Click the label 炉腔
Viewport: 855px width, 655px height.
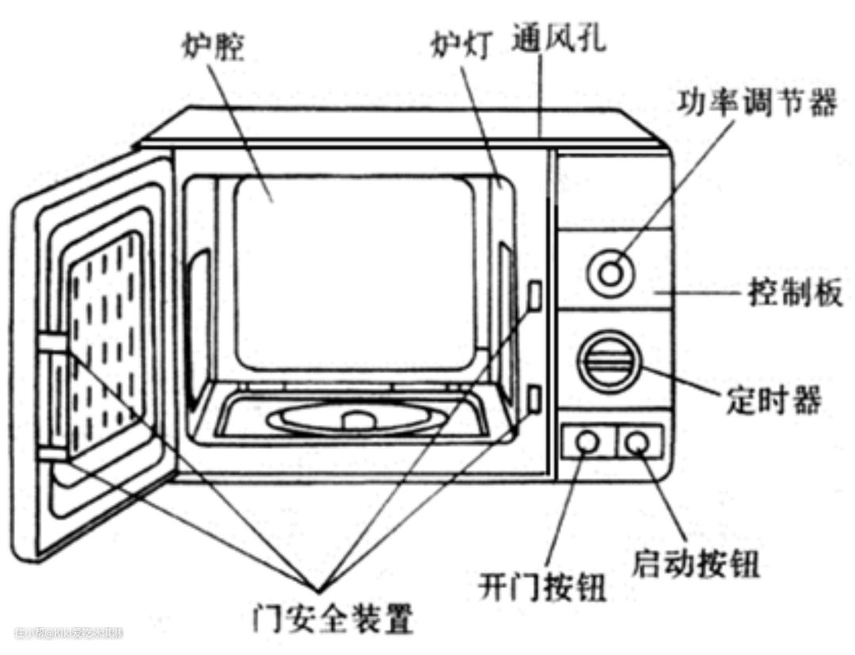[212, 47]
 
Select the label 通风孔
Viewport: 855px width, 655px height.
[559, 36]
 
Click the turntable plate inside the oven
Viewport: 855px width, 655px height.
[356, 418]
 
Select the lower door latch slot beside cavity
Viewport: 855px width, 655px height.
[535, 398]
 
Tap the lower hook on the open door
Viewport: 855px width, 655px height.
[54, 453]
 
